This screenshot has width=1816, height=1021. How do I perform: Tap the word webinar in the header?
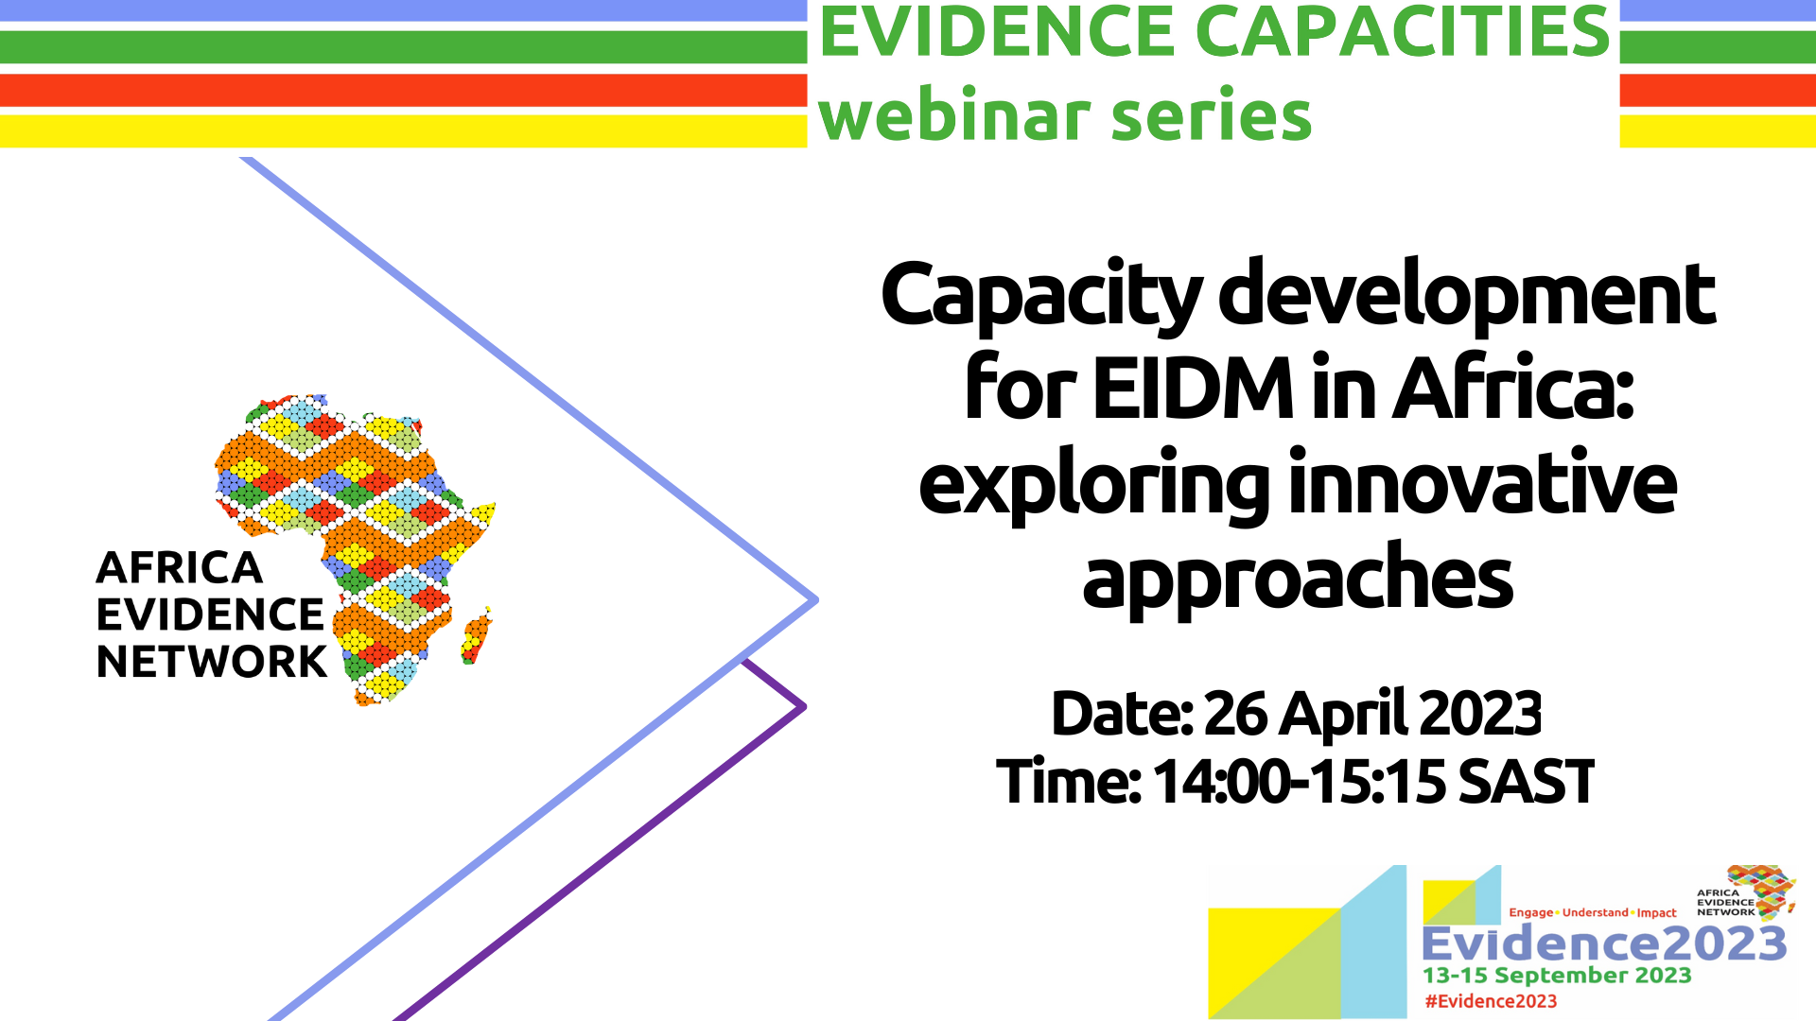click(953, 114)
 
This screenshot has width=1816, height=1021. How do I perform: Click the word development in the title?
click(1467, 294)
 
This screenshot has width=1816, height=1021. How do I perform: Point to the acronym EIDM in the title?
click(1194, 388)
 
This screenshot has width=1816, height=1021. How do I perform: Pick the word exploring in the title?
click(1093, 485)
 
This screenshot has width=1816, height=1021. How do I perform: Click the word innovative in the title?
click(1483, 482)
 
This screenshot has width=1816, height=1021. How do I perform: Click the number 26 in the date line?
click(1235, 713)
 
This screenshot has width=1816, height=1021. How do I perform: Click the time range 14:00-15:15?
click(1299, 782)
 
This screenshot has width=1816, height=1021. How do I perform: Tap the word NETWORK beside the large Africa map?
click(212, 662)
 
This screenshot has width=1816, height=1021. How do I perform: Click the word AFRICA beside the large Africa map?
click(180, 568)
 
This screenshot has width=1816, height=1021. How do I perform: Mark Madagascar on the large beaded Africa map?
click(477, 635)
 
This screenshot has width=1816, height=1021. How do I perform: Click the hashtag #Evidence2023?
click(1491, 1001)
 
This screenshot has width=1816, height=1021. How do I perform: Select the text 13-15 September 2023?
click(1557, 975)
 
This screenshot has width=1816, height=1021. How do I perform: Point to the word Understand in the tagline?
click(1596, 912)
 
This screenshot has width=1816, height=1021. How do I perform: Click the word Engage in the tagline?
click(1531, 912)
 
